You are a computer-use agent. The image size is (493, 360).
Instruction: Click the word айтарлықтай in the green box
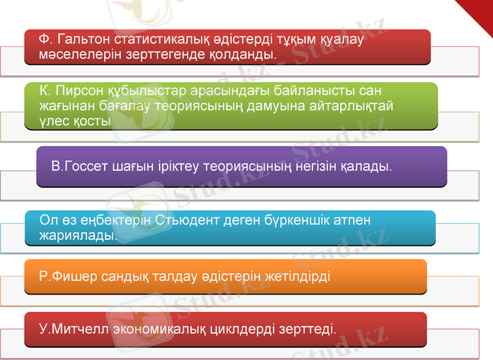tap(349, 107)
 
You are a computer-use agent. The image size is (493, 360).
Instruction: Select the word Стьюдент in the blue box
tap(182, 220)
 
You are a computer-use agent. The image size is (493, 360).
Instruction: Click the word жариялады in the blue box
tap(78, 235)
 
